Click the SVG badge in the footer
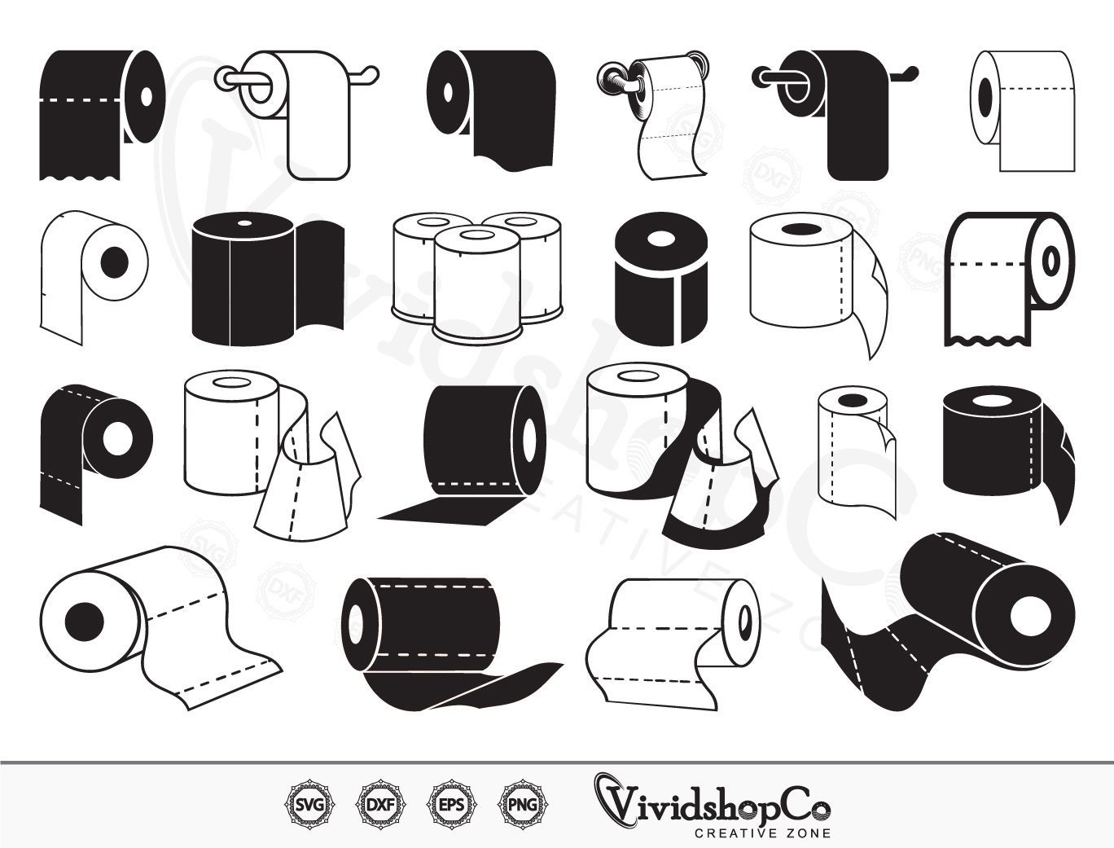(x=304, y=805)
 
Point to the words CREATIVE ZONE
(x=762, y=833)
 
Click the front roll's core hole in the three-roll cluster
(x=475, y=235)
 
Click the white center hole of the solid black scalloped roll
(x=146, y=94)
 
